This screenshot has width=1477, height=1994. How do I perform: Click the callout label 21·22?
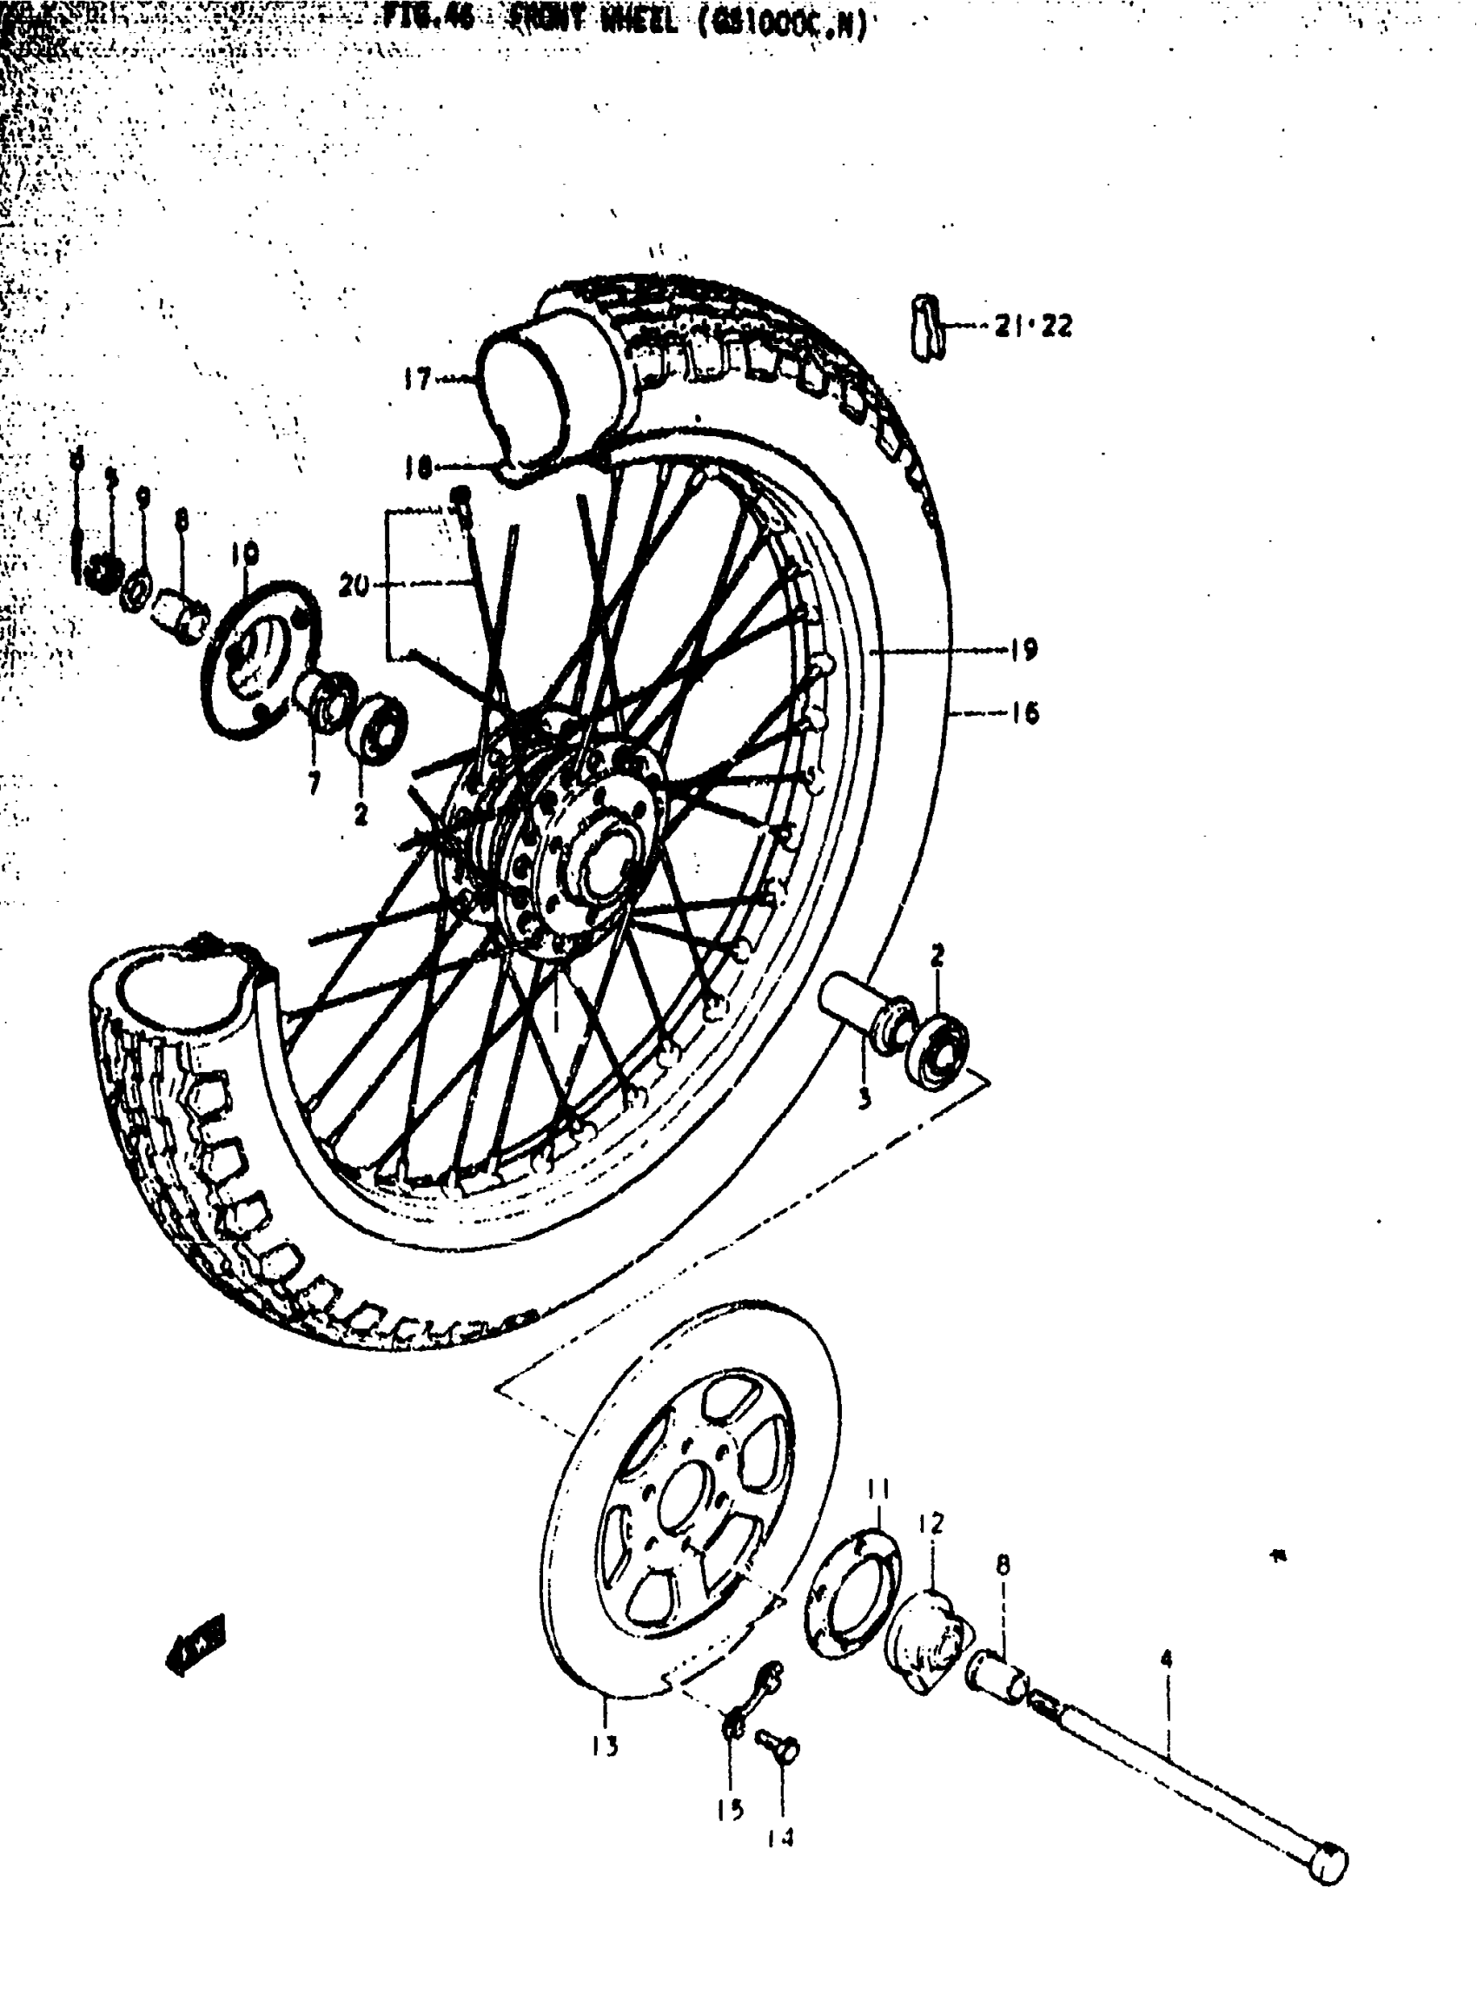click(1034, 327)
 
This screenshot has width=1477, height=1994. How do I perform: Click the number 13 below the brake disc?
click(606, 1745)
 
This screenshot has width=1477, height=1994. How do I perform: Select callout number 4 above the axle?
click(1166, 1659)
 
